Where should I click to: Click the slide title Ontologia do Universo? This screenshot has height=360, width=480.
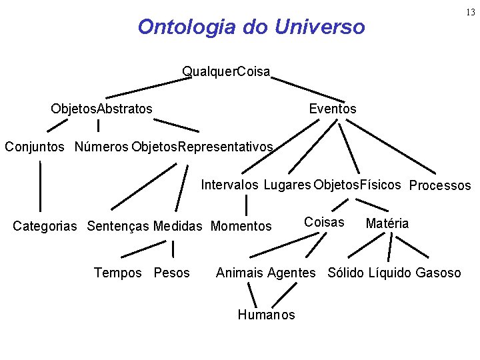[x=251, y=27]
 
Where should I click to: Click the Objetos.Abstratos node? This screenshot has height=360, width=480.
[x=101, y=108]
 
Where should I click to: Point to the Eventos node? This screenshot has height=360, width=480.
[x=333, y=109]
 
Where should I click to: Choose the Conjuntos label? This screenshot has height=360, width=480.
[x=35, y=146]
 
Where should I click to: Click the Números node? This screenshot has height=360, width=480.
[x=101, y=146]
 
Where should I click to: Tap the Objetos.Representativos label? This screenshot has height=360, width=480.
[x=202, y=146]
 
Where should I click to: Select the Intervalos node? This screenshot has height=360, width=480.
[x=230, y=185]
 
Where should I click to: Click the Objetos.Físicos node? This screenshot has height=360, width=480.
[x=357, y=185]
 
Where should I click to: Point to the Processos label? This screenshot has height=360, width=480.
[x=439, y=186]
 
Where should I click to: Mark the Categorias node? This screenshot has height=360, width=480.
[x=47, y=227]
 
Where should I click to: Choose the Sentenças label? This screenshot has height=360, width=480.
[x=119, y=227]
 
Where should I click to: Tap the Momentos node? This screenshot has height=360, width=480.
[x=241, y=227]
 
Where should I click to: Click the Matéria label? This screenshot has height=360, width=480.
[x=387, y=223]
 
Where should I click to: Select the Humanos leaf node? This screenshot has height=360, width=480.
[x=266, y=315]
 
